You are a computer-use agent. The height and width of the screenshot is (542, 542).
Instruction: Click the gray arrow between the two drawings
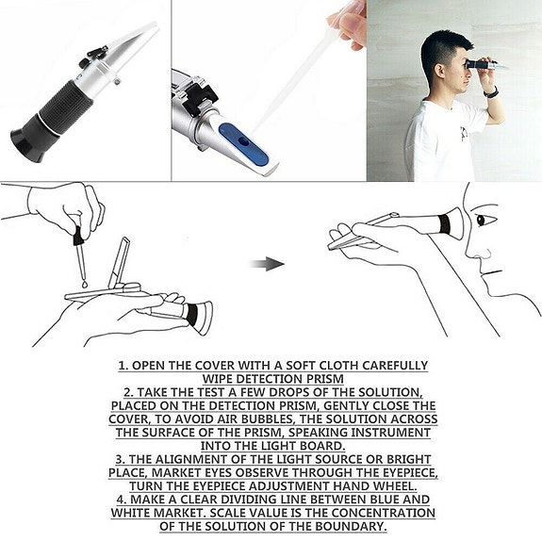267,264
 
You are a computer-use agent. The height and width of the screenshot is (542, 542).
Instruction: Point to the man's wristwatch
491,92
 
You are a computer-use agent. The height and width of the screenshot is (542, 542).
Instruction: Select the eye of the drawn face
482,221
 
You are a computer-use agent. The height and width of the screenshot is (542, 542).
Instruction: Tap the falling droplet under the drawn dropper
85,285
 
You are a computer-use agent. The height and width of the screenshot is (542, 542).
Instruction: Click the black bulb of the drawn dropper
78,235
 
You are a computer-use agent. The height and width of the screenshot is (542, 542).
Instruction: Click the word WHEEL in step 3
395,486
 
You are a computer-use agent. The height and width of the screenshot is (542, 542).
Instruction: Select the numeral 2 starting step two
128,392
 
